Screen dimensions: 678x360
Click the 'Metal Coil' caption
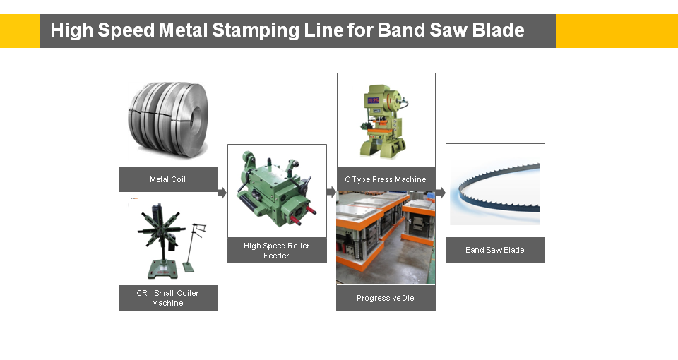168,179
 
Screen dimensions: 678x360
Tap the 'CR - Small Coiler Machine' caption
168,298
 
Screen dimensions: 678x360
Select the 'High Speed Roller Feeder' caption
277,251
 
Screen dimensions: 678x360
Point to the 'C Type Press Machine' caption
386,179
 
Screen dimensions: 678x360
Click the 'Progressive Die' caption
386,298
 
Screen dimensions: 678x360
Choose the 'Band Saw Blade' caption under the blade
495,250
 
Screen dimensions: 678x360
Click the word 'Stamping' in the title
256,30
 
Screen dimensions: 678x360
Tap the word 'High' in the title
71,30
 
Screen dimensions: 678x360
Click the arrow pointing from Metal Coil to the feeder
222,192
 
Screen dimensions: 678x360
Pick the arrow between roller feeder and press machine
332,192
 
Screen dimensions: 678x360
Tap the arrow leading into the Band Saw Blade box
441,192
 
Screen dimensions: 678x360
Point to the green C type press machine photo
383,121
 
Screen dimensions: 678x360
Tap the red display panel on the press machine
373,101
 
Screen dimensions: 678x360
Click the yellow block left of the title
20,31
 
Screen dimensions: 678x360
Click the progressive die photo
386,238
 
